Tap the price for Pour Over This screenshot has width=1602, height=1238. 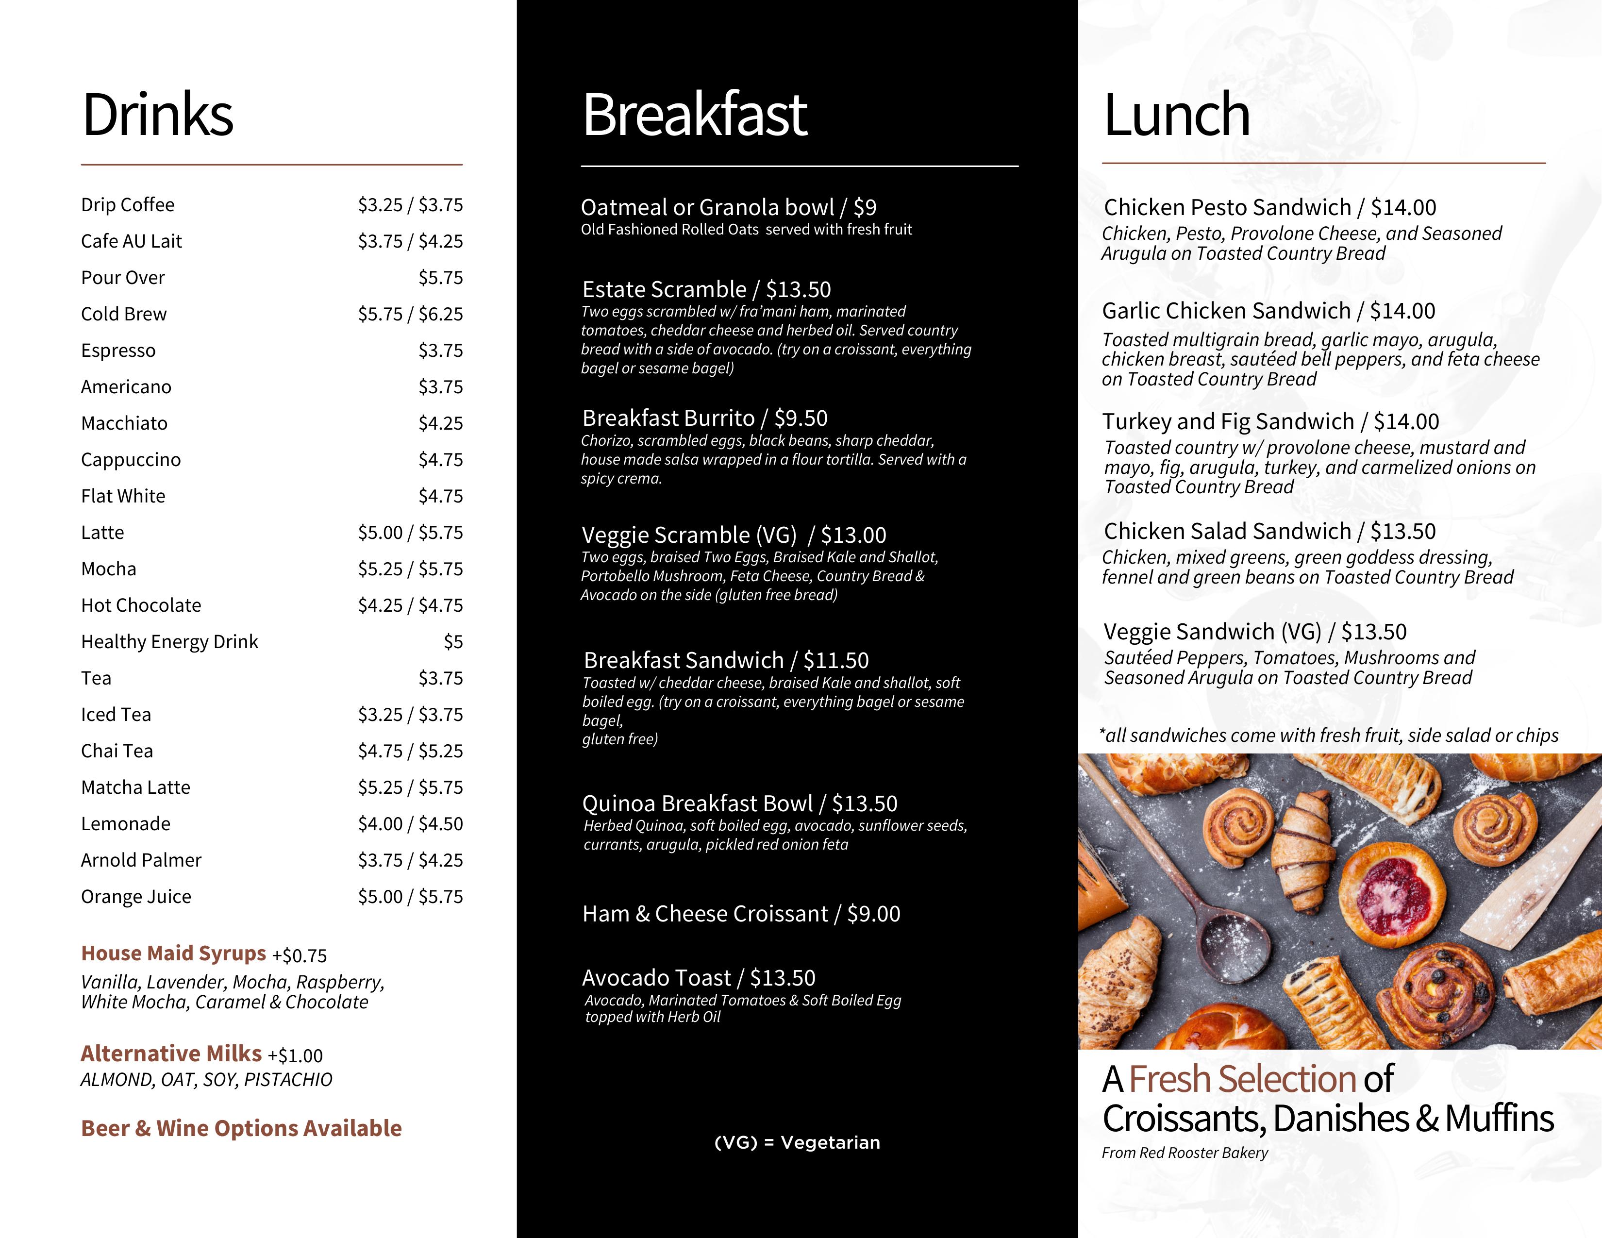pyautogui.click(x=440, y=278)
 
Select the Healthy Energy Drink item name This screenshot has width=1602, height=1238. pyautogui.click(x=169, y=642)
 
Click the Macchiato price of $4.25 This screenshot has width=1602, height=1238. pyautogui.click(x=440, y=423)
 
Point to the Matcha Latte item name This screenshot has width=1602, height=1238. pyautogui.click(x=136, y=787)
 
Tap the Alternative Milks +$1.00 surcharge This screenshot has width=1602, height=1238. pyautogui.click(x=295, y=1055)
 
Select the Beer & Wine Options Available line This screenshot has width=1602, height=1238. pyautogui.click(x=241, y=1128)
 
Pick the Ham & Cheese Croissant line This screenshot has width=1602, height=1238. pyautogui.click(x=741, y=914)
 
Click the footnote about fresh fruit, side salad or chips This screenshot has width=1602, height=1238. pyautogui.click(x=1328, y=735)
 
